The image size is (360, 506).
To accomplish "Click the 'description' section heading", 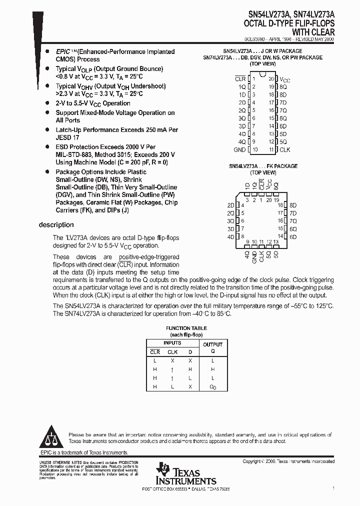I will point(56,225).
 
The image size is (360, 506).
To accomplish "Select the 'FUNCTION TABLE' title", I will point(186,328).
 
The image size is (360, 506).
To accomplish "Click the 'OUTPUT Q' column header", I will point(212,347).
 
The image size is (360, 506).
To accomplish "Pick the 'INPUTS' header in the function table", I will point(172,343).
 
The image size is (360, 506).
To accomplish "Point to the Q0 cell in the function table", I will point(212,387).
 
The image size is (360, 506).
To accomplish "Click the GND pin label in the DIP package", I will point(239,150).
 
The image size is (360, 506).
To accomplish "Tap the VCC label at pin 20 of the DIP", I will point(284,79).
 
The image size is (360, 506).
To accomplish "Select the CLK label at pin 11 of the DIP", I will point(284,150).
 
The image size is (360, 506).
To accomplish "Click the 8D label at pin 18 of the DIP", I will point(283,94).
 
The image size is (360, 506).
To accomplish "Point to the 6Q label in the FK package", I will point(293,229).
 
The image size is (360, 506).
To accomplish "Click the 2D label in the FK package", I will point(230,205).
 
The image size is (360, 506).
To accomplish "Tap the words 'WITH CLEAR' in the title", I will point(314,31).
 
